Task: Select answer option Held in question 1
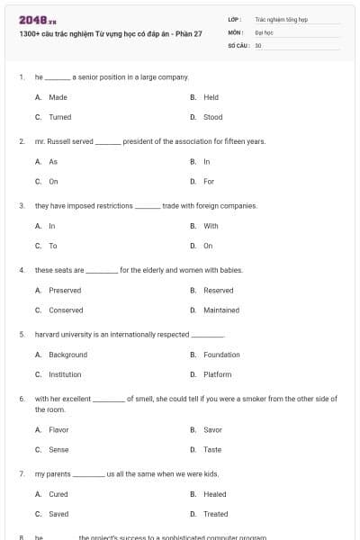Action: pyautogui.click(x=211, y=97)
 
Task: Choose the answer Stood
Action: pyautogui.click(x=212, y=117)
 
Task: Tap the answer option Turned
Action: pyautogui.click(x=59, y=117)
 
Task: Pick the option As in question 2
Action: pyautogui.click(x=53, y=162)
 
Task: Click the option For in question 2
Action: pyautogui.click(x=209, y=182)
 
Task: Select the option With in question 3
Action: pyautogui.click(x=211, y=226)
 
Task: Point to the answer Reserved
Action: pyautogui.click(x=218, y=291)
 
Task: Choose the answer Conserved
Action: pyautogui.click(x=66, y=310)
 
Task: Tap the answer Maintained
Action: pyautogui.click(x=221, y=310)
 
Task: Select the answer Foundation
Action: pyautogui.click(x=221, y=355)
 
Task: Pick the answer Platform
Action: pyautogui.click(x=217, y=374)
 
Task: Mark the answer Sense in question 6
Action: pyautogui.click(x=58, y=449)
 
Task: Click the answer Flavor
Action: pyautogui.click(x=58, y=429)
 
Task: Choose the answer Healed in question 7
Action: pyautogui.click(x=215, y=494)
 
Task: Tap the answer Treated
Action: pyautogui.click(x=216, y=514)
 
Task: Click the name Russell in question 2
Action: pyautogui.click(x=59, y=141)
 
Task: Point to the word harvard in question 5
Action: pyautogui.click(x=48, y=334)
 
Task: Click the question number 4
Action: pyautogui.click(x=21, y=270)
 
